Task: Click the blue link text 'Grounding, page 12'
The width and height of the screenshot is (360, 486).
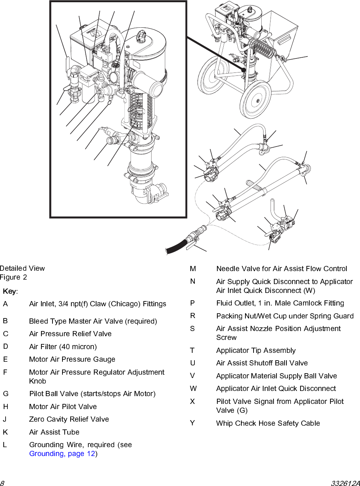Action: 62,454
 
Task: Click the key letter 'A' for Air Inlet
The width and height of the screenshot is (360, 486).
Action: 5,304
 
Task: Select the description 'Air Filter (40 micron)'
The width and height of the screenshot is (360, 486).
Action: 63,347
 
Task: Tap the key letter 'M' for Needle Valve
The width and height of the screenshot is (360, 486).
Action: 193,269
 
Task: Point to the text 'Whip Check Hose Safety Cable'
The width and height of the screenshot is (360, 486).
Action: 268,423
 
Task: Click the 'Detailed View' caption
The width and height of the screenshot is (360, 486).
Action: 23,268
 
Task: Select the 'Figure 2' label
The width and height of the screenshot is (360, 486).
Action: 14,277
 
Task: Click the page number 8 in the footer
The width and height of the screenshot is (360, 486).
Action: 2,483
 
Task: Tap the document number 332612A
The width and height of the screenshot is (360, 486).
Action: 345,483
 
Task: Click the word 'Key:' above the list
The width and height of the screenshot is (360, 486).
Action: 10,291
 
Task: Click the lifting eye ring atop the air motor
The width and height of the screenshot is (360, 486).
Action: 142,36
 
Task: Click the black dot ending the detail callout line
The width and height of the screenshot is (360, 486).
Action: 244,70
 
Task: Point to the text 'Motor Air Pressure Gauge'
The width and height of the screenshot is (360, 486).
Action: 72,360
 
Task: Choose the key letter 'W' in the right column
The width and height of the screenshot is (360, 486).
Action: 193,389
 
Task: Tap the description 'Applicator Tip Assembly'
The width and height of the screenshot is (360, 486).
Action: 256,350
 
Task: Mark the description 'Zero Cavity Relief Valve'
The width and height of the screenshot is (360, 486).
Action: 69,419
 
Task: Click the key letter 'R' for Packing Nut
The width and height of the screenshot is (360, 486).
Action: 193,316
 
